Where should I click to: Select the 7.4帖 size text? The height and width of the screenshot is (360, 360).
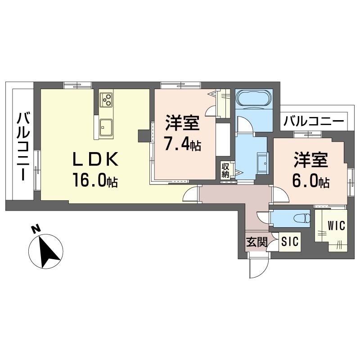pyautogui.click(x=182, y=145)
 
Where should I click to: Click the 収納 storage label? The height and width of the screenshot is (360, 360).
pyautogui.click(x=225, y=171)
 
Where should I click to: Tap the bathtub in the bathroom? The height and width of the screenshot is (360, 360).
pyautogui.click(x=254, y=98)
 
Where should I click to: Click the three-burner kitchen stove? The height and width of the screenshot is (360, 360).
pyautogui.click(x=107, y=99)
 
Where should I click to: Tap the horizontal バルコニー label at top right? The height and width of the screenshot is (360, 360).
pyautogui.click(x=315, y=121)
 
